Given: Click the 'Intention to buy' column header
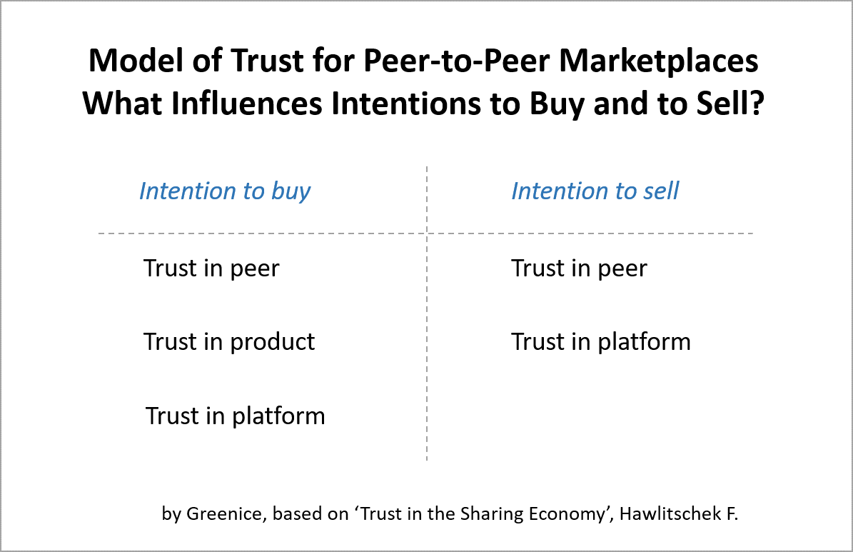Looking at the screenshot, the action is pos(225,191).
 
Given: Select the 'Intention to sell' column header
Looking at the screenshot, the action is pos(595,191).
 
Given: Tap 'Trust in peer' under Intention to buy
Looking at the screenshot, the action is pos(211,269).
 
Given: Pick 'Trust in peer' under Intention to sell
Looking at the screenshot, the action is pos(579,269).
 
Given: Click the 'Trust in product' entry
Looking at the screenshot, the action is pos(229,343).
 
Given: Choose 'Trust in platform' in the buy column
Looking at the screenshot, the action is pos(235,416).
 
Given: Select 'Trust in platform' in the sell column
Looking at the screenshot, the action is pos(600,343).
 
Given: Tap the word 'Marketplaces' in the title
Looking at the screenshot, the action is pos(659,61).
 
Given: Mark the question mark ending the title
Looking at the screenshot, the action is pos(757,104).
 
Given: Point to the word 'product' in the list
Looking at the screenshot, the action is pos(272,343).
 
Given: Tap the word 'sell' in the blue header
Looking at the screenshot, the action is pos(661,191).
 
